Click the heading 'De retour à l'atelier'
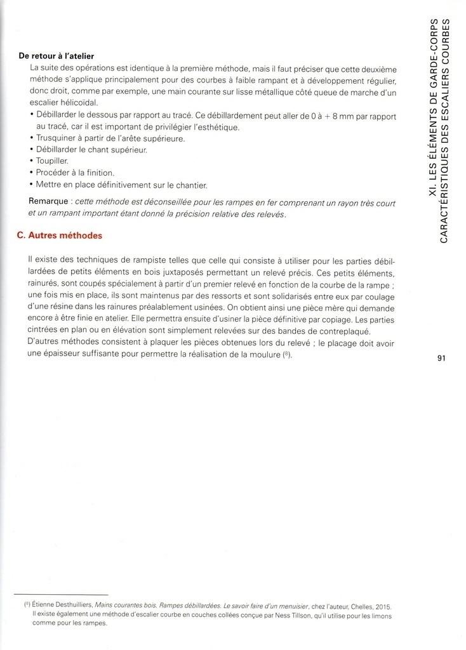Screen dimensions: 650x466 click(57, 56)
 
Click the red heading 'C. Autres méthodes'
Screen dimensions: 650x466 click(59, 235)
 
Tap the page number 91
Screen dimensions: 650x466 click(443, 358)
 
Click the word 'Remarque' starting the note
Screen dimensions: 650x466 click(48, 203)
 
